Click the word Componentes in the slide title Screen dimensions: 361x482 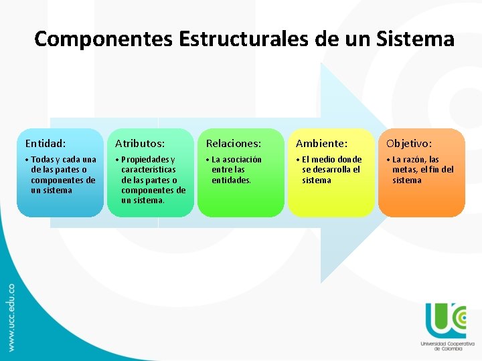tap(104, 39)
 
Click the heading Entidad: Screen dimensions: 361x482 tap(46, 143)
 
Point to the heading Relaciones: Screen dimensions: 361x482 tap(234, 143)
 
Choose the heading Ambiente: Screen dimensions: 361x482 tap(322, 143)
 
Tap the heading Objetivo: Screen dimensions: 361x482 tap(408, 143)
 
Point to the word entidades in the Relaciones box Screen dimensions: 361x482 tap(231, 180)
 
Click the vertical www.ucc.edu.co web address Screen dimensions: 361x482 tap(11, 317)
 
